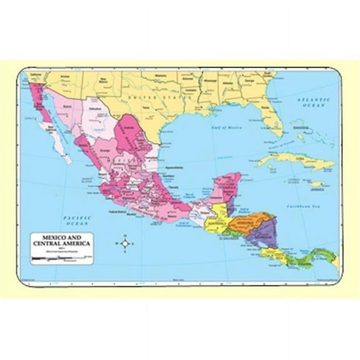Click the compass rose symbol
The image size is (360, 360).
point(125,244)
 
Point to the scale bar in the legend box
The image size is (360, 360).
point(53,256)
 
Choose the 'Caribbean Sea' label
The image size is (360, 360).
point(311,206)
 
